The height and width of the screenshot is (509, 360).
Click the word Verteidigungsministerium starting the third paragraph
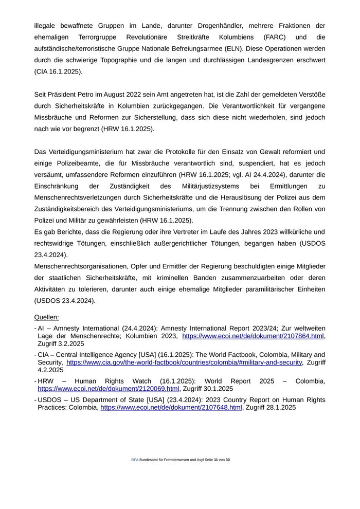tap(89, 152)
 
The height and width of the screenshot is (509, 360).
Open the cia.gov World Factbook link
tap(184, 362)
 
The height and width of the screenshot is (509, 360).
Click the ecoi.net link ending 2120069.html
tap(109, 389)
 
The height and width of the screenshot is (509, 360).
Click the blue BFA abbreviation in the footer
tap(135, 460)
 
